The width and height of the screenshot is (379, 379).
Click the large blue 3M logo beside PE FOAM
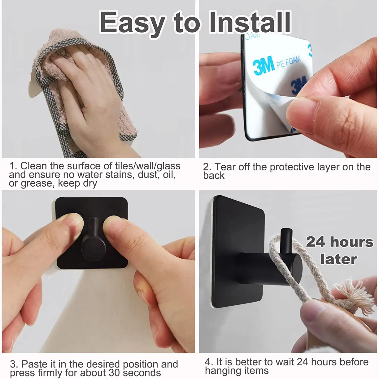pyautogui.click(x=264, y=65)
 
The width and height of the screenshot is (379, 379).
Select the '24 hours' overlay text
pyautogui.click(x=340, y=242)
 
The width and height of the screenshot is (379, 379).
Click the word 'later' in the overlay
pyautogui.click(x=339, y=259)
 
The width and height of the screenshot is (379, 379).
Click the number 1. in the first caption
pyautogui.click(x=13, y=166)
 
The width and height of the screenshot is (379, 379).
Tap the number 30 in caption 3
pyautogui.click(x=115, y=373)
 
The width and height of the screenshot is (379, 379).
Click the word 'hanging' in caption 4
pyautogui.click(x=220, y=371)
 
